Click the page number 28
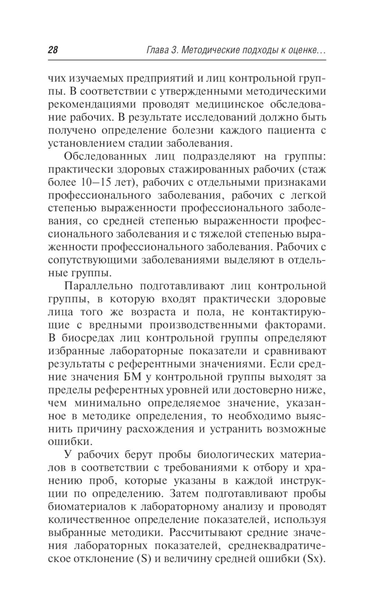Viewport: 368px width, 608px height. click(53, 50)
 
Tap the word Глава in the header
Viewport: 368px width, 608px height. click(155, 50)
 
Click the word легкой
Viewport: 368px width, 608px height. click(308, 195)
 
